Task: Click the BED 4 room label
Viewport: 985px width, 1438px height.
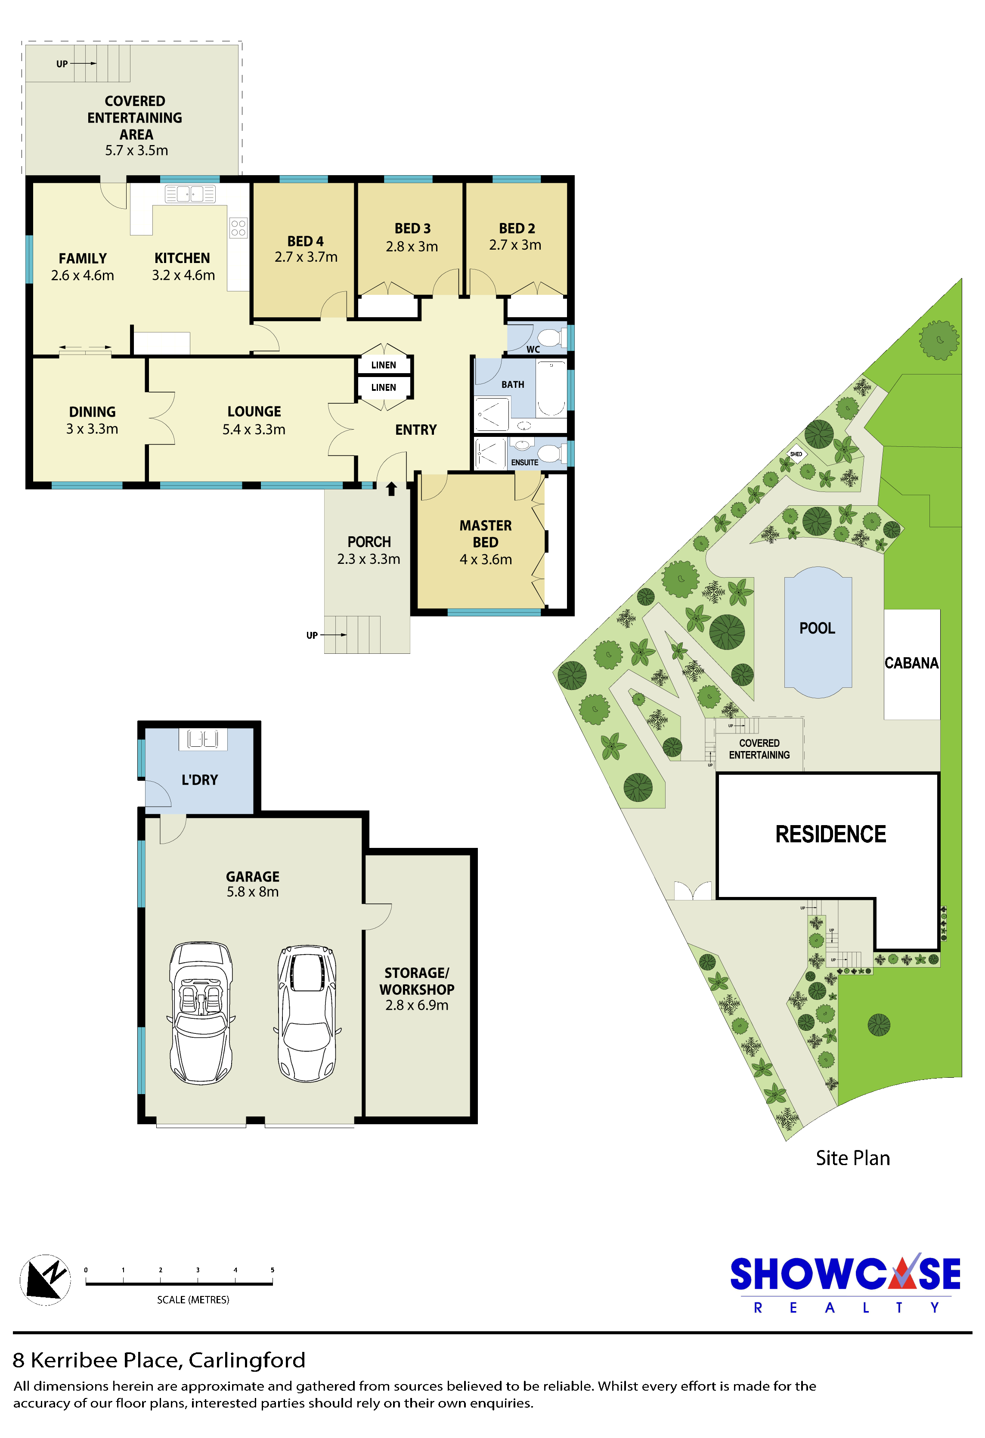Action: (x=305, y=241)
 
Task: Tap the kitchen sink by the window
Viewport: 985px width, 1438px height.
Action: (x=190, y=194)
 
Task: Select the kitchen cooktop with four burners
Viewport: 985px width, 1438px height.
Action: (x=238, y=228)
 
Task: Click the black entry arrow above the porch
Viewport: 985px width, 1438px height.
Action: (x=391, y=489)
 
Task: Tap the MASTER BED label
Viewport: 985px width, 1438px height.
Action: (x=486, y=533)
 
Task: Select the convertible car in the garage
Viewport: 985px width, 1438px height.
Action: (x=201, y=1013)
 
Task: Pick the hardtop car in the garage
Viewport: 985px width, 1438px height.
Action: (x=307, y=1013)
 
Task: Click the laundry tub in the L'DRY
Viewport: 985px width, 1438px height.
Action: (x=203, y=739)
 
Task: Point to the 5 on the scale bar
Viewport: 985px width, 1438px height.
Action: (x=272, y=1270)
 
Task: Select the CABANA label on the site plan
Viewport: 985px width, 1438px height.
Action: (x=911, y=663)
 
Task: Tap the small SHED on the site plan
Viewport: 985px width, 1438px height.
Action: (x=796, y=454)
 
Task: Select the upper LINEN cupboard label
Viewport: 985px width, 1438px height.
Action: (x=384, y=365)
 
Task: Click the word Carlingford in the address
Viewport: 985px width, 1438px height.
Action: (x=247, y=1360)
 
